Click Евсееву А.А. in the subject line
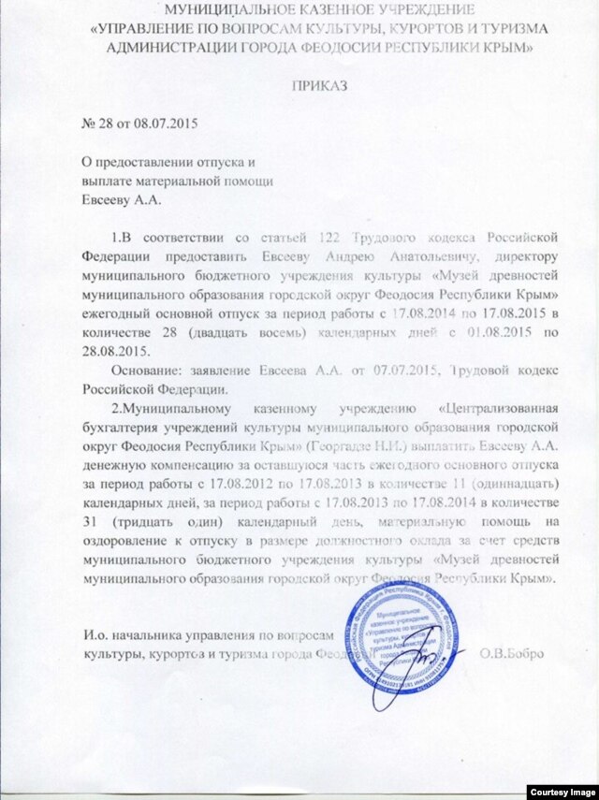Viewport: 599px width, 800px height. pyautogui.click(x=118, y=197)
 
